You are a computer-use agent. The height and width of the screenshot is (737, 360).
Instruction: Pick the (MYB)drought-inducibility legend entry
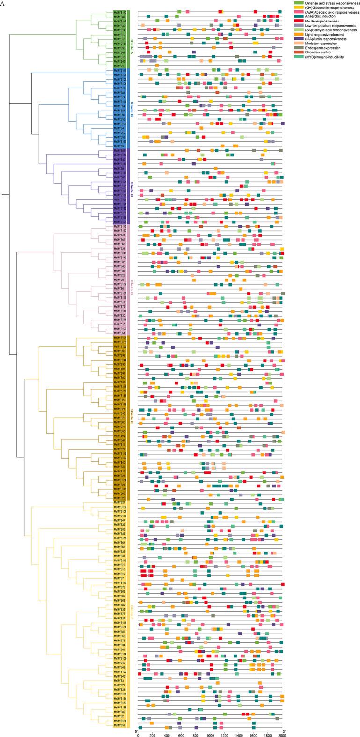click(328, 70)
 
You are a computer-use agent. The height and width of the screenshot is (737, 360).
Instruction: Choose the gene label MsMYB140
click(119, 12)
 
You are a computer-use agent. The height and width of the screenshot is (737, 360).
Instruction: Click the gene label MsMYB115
click(119, 70)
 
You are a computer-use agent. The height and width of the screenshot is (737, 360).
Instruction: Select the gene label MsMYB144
click(119, 360)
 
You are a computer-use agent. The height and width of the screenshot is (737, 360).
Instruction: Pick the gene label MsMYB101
click(119, 512)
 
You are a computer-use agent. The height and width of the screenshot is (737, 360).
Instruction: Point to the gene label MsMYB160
click(119, 458)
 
